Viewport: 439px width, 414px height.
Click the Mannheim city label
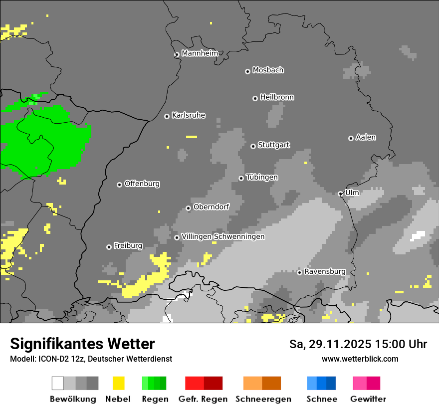tap(200, 53)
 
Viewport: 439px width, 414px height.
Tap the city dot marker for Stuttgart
tap(253, 146)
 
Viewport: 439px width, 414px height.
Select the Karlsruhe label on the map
tap(189, 115)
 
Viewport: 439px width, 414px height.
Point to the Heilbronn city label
tap(277, 97)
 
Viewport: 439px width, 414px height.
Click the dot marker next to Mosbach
tap(247, 71)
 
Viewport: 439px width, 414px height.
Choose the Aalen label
tap(366, 137)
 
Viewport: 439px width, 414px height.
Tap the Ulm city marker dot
tap(340, 194)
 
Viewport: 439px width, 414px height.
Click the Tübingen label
tap(262, 177)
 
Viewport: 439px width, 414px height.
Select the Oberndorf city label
tap(211, 207)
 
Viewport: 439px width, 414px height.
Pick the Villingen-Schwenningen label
tap(223, 236)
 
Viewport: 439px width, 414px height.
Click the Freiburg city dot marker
tap(109, 247)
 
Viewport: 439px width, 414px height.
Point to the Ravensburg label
tap(325, 271)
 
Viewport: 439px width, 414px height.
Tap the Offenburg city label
tap(142, 184)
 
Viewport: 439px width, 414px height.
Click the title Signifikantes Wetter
tap(82, 344)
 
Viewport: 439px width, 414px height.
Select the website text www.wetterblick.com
tap(360, 359)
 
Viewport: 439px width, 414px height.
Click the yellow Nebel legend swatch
tap(118, 383)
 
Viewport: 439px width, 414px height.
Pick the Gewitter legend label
tap(368, 399)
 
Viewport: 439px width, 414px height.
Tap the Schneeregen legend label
tap(263, 399)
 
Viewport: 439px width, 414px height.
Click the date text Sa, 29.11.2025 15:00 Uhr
tap(358, 344)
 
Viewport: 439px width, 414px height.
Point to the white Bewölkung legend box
tap(58, 383)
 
